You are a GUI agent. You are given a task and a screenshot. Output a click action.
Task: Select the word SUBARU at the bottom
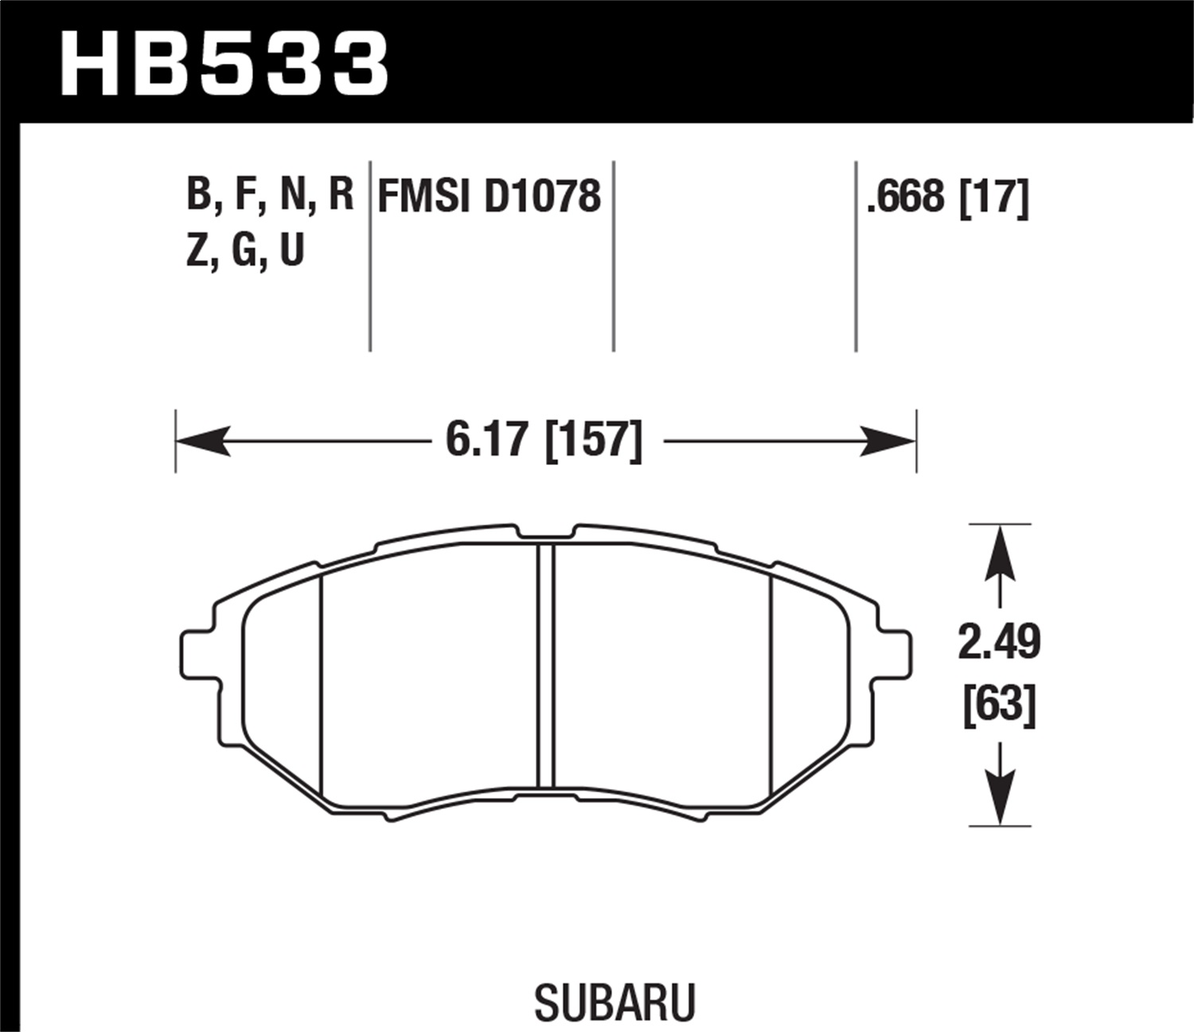tap(615, 1002)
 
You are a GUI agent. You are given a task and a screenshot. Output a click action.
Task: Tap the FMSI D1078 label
tap(489, 196)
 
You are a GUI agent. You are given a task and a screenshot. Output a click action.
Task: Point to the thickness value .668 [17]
tap(947, 196)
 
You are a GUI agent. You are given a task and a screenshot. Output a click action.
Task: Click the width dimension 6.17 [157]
tap(544, 440)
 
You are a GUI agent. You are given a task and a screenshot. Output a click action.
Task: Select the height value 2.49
tap(999, 643)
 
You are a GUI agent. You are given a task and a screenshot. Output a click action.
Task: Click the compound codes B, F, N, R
tap(269, 194)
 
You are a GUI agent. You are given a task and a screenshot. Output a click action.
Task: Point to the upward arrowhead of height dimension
tap(999, 553)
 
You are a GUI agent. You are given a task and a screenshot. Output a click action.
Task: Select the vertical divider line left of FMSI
tap(370, 255)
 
